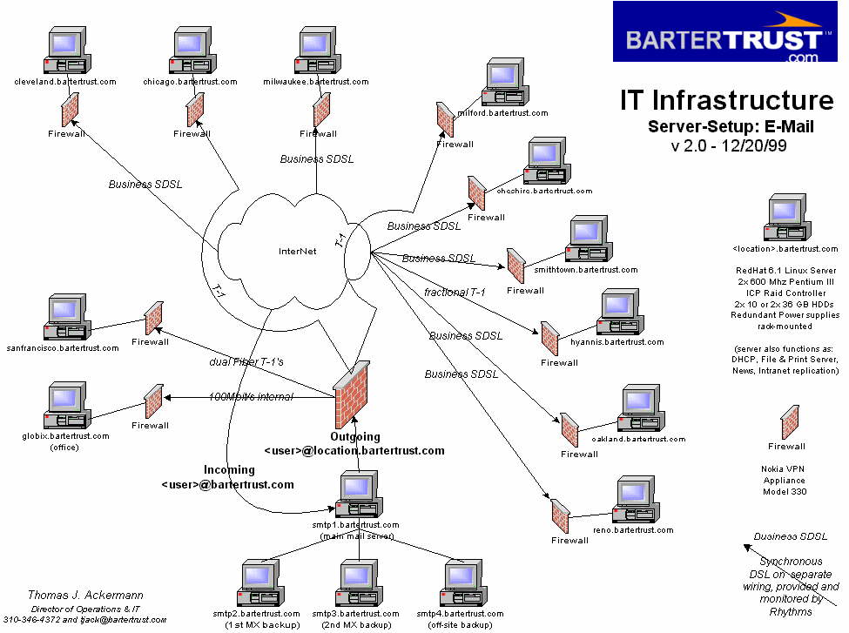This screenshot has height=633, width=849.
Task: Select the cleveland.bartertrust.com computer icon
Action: coord(64,51)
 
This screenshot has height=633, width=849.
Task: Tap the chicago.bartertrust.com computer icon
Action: coord(190,51)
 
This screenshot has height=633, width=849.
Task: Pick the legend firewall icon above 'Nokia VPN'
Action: coord(791,422)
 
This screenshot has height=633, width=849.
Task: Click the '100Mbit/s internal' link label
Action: coord(251,397)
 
